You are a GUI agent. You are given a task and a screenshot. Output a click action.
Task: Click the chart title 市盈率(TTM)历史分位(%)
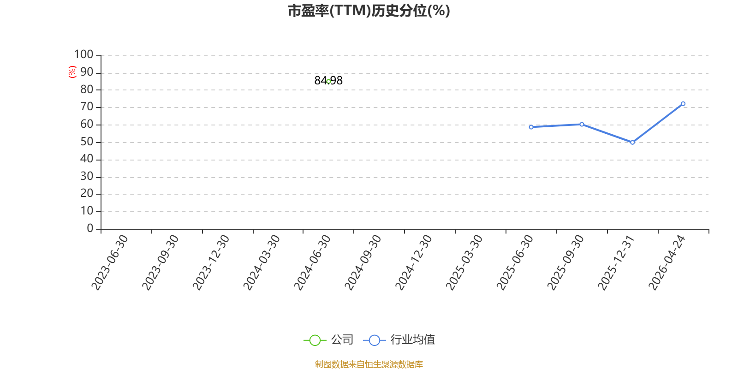coord(369,11)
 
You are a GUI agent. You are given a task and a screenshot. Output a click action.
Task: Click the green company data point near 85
coord(328,81)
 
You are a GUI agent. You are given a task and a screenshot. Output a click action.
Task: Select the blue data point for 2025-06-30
coord(531,127)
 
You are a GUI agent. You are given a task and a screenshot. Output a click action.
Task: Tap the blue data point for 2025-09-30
coord(582,124)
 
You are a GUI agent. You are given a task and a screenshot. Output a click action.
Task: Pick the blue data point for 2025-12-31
coord(632,142)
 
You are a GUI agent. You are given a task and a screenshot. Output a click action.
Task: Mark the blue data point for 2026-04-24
coord(683,104)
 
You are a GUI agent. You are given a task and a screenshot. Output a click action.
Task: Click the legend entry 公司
coord(329,340)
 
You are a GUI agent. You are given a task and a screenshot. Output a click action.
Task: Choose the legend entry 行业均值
coord(399,340)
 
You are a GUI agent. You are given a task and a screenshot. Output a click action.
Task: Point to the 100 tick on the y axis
coord(84,55)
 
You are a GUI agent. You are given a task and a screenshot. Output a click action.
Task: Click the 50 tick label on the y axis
coord(87,142)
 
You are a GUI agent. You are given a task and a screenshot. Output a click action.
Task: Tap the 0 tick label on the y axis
coord(90,229)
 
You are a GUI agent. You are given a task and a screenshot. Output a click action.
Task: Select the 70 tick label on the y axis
coord(87,107)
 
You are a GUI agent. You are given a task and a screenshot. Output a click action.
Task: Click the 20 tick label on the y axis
coord(87,194)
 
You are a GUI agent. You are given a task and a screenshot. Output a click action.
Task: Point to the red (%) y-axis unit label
coord(72,72)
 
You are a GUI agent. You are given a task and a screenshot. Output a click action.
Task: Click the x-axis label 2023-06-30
coord(110,262)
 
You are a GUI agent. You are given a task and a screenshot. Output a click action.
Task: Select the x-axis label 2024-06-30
coord(313,262)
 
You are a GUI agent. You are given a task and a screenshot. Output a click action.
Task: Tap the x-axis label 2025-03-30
coord(464,262)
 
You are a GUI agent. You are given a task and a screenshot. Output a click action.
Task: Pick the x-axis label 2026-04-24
coord(667,262)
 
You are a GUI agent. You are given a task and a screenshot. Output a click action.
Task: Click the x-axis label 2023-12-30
coord(211,262)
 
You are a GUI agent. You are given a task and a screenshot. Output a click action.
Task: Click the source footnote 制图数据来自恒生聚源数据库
coord(369,364)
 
